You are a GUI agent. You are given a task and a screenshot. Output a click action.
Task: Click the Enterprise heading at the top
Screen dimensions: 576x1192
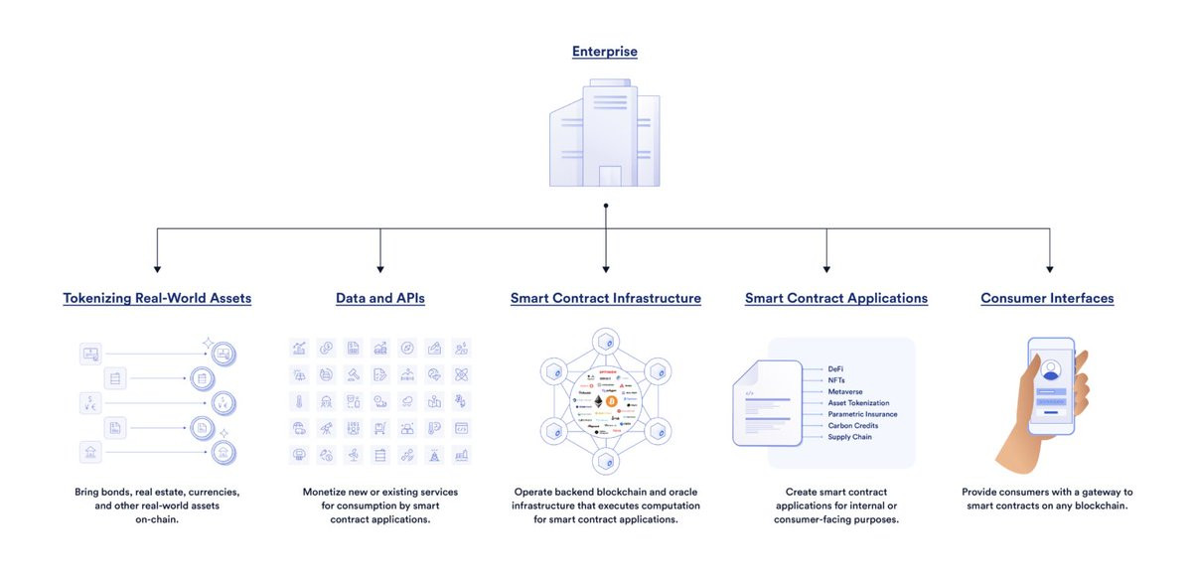tap(604, 52)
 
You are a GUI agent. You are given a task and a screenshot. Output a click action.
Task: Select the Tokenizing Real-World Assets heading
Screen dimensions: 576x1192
tap(157, 298)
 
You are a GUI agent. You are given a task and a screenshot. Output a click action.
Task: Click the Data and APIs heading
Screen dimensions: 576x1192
tap(380, 298)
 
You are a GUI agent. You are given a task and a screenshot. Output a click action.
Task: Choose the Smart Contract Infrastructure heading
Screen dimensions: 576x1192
tap(606, 298)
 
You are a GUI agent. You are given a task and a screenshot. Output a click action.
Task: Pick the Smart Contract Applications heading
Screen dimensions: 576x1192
tap(836, 298)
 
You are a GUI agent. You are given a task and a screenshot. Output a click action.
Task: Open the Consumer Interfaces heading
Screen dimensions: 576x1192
tap(1047, 298)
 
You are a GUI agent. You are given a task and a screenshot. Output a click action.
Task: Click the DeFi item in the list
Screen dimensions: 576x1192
tap(835, 369)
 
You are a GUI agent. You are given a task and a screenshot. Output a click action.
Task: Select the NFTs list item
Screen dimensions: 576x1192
tap(836, 380)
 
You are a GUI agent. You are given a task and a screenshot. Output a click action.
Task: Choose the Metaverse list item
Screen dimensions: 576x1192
tap(844, 391)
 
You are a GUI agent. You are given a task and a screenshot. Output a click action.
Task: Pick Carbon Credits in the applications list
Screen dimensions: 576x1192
tap(852, 425)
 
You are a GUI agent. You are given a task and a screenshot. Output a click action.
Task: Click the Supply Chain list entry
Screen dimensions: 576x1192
tap(849, 437)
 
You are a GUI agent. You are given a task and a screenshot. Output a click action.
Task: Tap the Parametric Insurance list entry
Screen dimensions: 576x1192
tap(862, 414)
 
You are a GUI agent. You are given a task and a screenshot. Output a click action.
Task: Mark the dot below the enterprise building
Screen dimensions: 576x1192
tap(606, 206)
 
